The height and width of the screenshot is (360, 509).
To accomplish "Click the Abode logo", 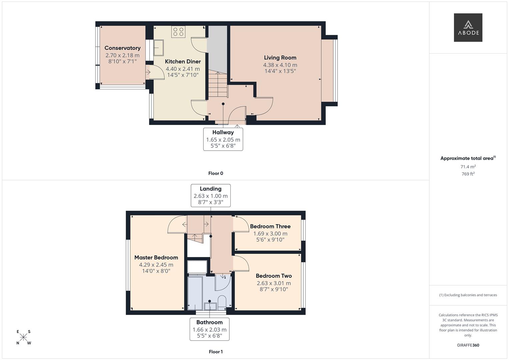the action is (468, 27).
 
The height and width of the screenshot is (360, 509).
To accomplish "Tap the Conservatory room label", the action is (122, 48).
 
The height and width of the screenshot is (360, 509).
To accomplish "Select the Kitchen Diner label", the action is (183, 61).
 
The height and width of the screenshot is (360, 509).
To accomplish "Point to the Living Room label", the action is (280, 58).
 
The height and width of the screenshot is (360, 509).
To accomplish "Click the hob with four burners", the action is (178, 32).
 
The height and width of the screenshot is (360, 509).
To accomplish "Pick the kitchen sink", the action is (159, 48).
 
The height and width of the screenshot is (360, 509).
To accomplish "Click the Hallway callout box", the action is (223, 139).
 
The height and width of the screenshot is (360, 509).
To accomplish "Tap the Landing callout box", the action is (211, 195).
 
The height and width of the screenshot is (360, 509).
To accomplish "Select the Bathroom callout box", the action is (210, 329).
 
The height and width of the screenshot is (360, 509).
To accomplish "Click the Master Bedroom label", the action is (156, 257).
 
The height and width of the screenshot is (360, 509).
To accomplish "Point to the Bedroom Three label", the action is (270, 226).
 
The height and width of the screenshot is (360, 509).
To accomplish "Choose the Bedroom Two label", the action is (274, 276).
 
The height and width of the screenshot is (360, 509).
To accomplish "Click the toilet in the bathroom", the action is (222, 303).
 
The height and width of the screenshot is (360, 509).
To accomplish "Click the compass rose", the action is (23, 337).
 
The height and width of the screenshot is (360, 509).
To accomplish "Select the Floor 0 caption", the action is (216, 173).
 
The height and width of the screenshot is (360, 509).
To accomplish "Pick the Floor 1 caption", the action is (216, 352).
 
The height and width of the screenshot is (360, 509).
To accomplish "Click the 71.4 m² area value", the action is (468, 167).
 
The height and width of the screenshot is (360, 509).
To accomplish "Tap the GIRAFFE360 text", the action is (468, 345).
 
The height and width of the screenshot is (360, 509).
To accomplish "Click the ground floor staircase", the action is (218, 84).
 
